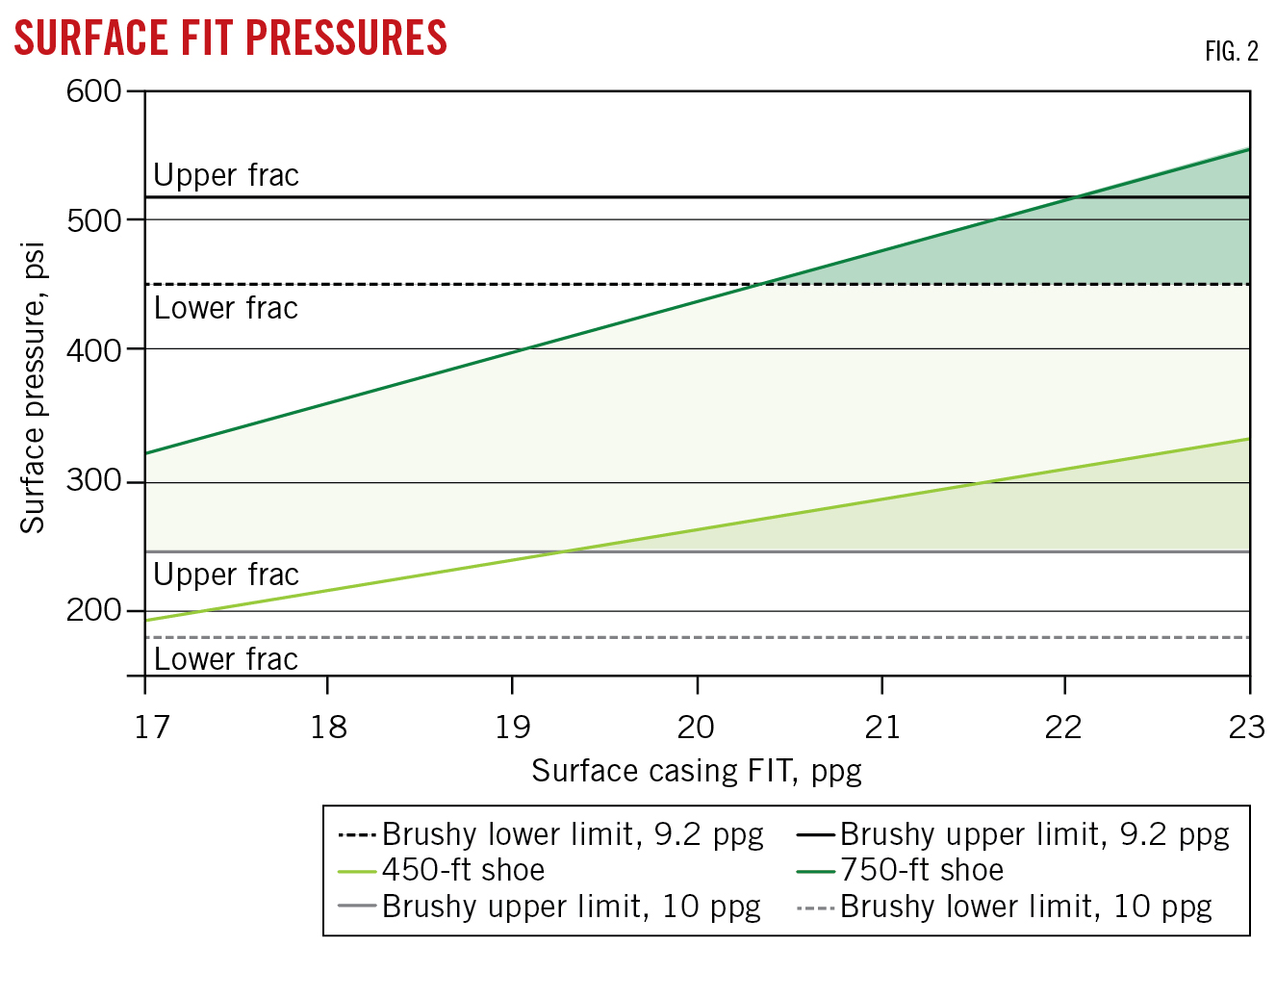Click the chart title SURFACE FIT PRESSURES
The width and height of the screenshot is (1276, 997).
(230, 38)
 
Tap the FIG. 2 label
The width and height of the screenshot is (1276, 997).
(1231, 52)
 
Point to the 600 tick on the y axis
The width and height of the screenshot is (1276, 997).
(93, 91)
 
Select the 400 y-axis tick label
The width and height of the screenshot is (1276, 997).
(93, 350)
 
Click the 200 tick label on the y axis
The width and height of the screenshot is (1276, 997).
(93, 610)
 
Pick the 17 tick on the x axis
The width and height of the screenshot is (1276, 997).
(151, 727)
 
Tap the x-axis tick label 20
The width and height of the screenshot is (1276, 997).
(696, 727)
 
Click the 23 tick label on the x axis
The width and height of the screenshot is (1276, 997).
(1246, 727)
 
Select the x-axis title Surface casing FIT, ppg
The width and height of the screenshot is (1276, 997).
(696, 771)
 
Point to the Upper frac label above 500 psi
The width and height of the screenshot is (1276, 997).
(226, 175)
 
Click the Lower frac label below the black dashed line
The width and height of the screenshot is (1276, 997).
(226, 308)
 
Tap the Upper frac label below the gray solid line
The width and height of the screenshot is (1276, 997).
(226, 575)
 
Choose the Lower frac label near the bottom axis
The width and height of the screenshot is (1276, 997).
(226, 659)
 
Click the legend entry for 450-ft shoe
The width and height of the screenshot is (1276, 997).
(463, 870)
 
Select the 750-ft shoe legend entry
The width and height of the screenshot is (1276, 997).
(921, 870)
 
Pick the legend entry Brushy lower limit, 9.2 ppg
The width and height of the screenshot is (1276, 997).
(572, 833)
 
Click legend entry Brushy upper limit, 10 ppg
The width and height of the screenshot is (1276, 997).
(571, 907)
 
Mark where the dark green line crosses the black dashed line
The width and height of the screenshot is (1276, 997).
(761, 284)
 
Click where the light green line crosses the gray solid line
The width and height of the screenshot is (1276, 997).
(562, 551)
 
